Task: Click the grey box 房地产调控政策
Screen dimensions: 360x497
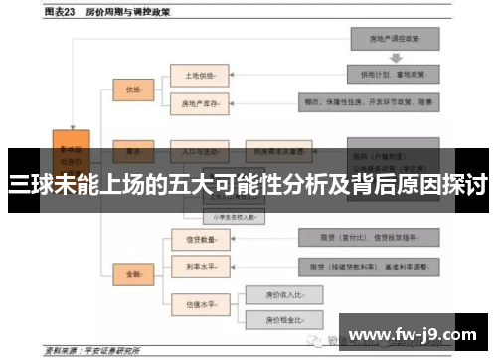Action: [395, 39]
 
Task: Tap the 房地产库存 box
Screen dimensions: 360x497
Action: [199, 102]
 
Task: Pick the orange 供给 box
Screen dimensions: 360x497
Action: [132, 89]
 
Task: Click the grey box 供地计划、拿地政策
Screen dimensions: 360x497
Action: [395, 74]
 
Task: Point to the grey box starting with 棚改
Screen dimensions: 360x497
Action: [369, 102]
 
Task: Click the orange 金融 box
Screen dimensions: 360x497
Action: [132, 271]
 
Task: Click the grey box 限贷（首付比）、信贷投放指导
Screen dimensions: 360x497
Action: [369, 239]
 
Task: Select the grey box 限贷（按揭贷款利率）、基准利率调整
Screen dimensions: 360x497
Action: [369, 266]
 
